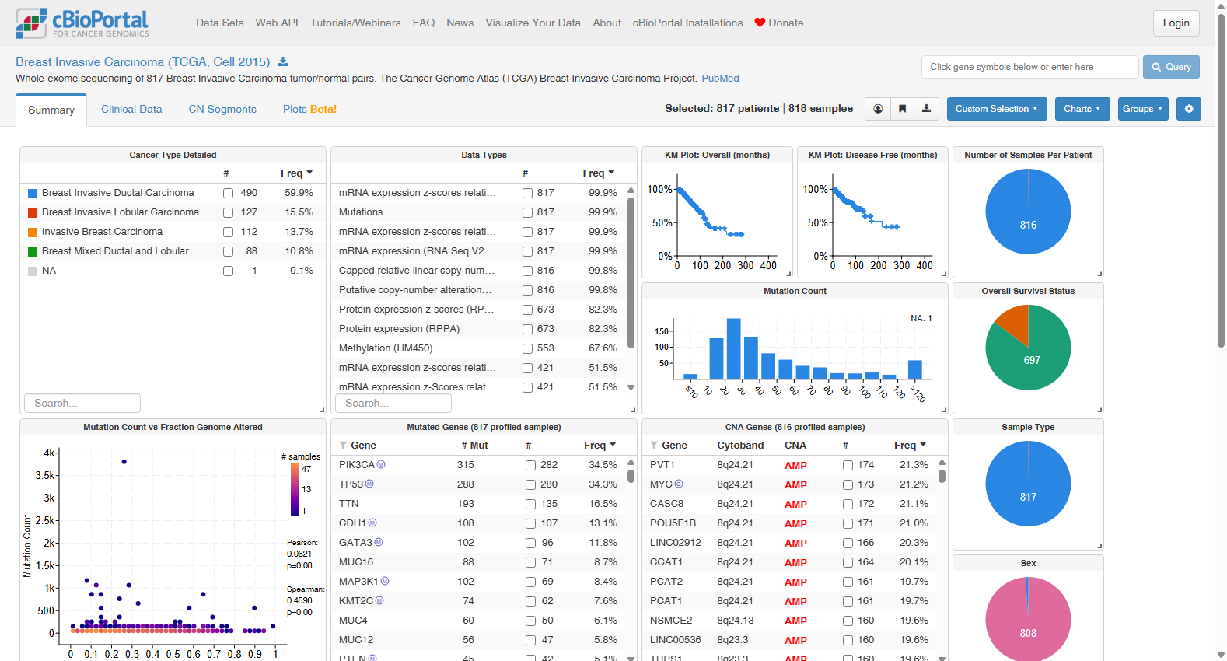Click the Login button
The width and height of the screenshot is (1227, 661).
click(1176, 23)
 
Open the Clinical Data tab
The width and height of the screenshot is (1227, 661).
click(131, 109)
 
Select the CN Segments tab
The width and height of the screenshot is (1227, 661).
click(222, 109)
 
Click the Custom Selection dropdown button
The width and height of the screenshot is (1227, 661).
click(996, 109)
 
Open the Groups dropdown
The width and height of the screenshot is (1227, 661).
click(1143, 109)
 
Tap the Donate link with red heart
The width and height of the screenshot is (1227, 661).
click(778, 23)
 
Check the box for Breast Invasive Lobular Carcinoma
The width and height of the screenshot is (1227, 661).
click(228, 212)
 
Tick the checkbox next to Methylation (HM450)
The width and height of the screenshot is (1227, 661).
click(527, 348)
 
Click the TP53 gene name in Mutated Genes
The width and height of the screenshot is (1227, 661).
click(351, 484)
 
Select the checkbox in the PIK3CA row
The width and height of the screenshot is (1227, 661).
click(530, 465)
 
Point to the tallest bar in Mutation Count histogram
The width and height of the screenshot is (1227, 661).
click(733, 349)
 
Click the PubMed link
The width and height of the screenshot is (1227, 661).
click(720, 79)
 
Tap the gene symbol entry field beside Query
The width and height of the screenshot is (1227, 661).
click(1029, 67)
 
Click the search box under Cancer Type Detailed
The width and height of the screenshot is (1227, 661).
click(82, 403)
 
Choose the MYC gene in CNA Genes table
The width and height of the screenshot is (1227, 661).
click(661, 484)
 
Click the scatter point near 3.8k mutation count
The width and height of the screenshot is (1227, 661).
click(124, 462)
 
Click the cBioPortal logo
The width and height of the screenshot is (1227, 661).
click(82, 23)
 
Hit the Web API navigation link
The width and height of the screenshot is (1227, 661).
click(277, 23)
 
